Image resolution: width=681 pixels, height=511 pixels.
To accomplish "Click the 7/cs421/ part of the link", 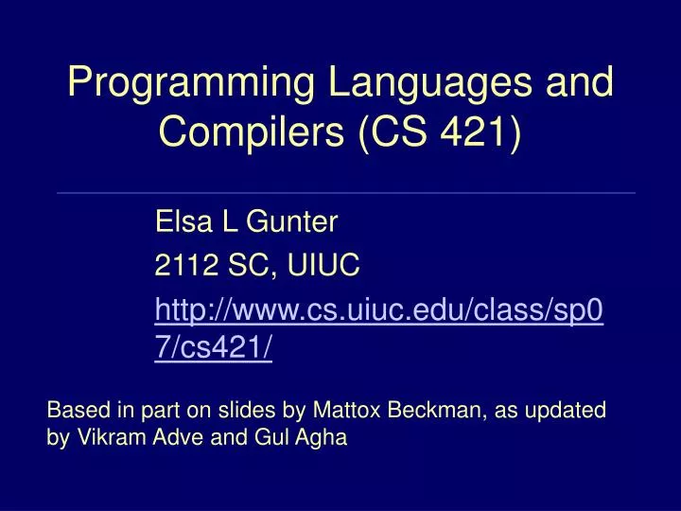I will click(x=214, y=349).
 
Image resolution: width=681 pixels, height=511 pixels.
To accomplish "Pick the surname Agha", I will click(x=321, y=438).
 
